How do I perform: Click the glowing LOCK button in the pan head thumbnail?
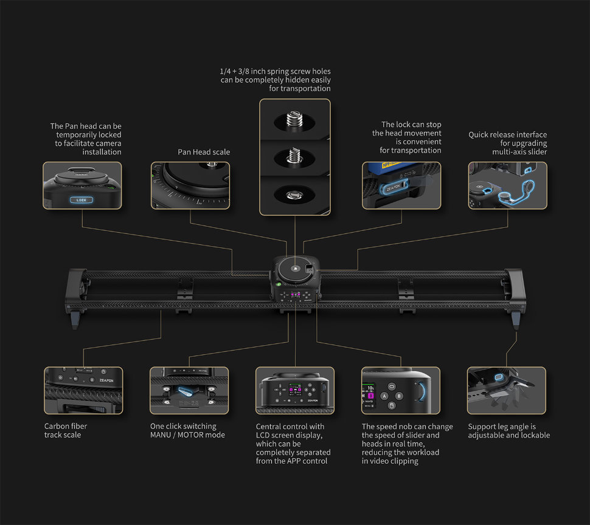pos(81,199)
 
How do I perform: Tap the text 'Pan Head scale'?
pos(204,152)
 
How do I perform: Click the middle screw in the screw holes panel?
pos(294,157)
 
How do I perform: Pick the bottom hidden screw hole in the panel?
pos(294,194)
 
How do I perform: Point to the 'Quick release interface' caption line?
pos(507,135)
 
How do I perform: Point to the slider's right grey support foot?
pos(516,320)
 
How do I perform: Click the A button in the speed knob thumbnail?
pos(385,396)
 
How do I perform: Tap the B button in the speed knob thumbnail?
pos(400,396)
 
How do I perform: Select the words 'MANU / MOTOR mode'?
pos(187,435)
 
